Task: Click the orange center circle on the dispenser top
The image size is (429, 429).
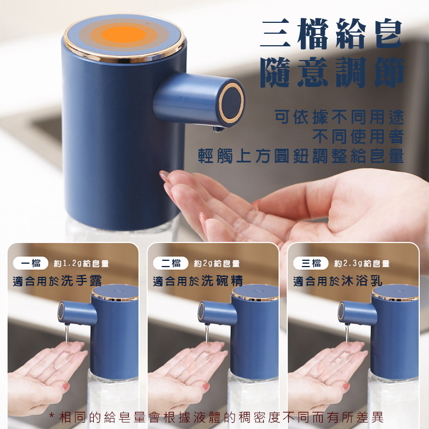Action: click(x=124, y=34)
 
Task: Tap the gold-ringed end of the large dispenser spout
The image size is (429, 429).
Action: click(x=232, y=103)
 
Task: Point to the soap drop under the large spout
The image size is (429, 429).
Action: click(x=218, y=129)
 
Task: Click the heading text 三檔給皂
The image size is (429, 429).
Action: click(x=331, y=34)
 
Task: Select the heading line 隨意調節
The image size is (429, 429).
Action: click(x=332, y=72)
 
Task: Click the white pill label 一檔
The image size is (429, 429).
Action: click(x=31, y=263)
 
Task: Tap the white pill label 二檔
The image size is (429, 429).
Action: click(x=170, y=263)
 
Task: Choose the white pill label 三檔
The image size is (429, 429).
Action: click(x=311, y=263)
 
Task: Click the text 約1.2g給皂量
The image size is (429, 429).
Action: click(x=81, y=264)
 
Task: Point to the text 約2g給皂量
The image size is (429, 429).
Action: click(x=217, y=264)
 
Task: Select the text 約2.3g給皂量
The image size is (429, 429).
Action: click(x=362, y=264)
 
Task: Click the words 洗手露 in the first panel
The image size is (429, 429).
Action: click(x=81, y=281)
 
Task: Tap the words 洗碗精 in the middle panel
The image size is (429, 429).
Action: click(x=222, y=281)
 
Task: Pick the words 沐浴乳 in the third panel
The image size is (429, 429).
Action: click(x=362, y=281)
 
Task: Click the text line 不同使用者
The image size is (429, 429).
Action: click(x=358, y=137)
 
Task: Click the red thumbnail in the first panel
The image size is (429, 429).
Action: click(x=66, y=387)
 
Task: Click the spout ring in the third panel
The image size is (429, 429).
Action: click(x=341, y=311)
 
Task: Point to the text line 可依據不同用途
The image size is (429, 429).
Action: click(x=339, y=117)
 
